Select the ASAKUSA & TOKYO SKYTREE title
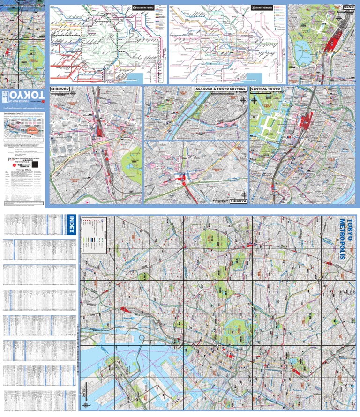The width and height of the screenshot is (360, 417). click(221, 89)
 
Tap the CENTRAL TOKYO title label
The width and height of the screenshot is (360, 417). click(266, 89)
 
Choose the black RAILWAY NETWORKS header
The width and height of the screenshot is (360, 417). click(146, 8)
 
